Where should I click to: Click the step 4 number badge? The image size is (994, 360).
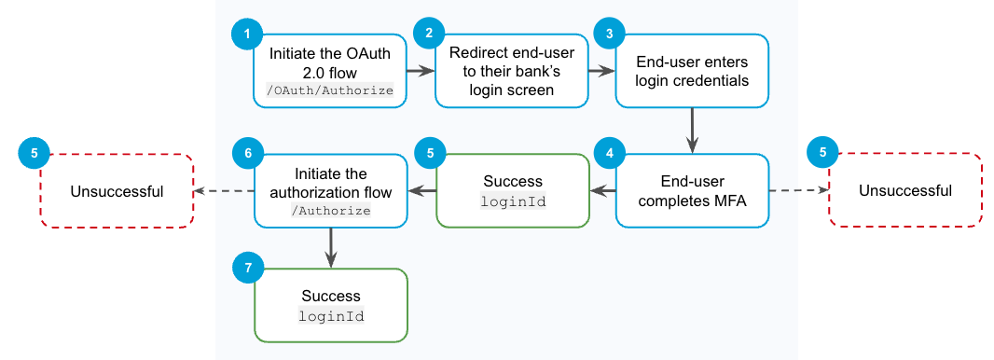610,153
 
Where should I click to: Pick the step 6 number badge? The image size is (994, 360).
248,153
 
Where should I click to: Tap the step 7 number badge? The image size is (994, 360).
248,268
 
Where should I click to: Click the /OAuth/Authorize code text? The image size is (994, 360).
330,90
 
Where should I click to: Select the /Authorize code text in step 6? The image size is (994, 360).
330,210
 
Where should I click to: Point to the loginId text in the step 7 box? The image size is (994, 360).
331,315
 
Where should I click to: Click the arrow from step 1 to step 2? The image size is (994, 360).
421,71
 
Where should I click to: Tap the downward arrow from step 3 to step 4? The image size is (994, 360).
692,130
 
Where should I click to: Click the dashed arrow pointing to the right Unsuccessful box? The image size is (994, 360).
799,190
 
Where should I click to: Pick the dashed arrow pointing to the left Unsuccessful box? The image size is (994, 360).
224,190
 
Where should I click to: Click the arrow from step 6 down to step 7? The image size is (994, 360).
330,247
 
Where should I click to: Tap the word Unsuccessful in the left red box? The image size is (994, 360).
117,191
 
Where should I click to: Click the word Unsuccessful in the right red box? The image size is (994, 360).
905,191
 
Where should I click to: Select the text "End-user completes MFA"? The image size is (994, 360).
692,191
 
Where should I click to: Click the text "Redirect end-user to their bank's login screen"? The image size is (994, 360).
511,71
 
